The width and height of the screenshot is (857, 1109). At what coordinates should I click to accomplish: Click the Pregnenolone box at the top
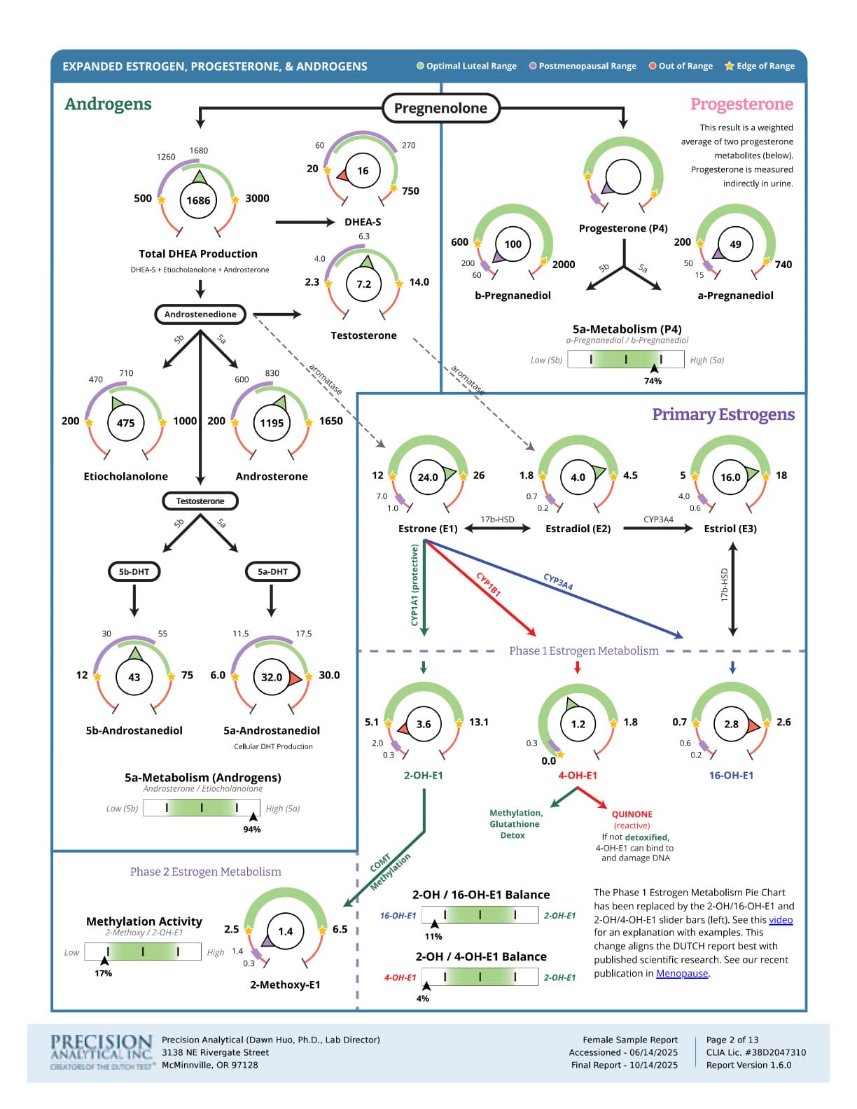(x=440, y=108)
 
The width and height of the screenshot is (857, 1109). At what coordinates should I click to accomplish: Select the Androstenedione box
(x=200, y=314)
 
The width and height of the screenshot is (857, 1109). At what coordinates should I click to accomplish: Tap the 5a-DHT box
(x=272, y=571)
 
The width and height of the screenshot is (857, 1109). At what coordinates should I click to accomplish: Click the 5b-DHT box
(x=134, y=571)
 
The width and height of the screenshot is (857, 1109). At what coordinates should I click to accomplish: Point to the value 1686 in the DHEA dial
(x=198, y=200)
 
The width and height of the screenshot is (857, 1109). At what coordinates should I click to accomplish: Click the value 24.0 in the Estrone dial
(x=428, y=477)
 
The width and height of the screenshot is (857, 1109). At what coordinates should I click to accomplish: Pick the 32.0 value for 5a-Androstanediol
(x=272, y=677)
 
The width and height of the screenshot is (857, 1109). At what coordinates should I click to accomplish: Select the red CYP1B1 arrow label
(x=489, y=584)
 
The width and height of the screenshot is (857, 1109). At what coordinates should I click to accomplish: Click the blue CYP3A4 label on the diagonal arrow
(x=558, y=582)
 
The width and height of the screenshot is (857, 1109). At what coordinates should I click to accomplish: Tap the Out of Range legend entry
(x=681, y=66)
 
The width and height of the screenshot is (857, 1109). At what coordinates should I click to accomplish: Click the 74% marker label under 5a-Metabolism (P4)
(x=653, y=381)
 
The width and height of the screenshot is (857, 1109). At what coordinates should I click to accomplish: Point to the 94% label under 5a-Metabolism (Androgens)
(x=251, y=829)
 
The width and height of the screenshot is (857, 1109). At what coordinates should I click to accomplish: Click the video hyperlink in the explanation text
(x=781, y=920)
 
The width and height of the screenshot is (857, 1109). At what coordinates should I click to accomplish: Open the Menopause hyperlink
(x=682, y=973)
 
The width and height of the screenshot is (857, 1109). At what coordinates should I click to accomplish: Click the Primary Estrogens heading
(x=723, y=414)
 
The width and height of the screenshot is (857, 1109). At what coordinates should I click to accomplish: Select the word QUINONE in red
(x=632, y=814)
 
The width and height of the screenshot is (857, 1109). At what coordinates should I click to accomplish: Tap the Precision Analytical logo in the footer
(x=102, y=1052)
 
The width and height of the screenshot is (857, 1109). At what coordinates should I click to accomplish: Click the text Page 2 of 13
(x=732, y=1040)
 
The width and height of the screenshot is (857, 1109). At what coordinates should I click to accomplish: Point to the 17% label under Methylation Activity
(x=103, y=973)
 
